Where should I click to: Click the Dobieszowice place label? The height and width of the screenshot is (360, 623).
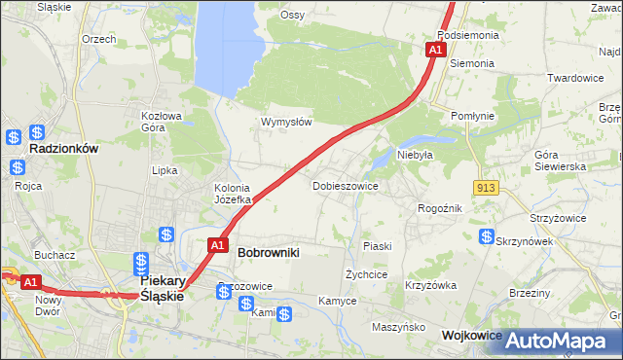[x=345, y=185]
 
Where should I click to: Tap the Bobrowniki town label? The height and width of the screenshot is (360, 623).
[x=268, y=252]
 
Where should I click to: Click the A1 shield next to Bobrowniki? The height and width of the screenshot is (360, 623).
[x=217, y=246]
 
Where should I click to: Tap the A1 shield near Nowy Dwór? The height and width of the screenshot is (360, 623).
[x=30, y=282]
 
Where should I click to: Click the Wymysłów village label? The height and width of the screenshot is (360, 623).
[x=286, y=122]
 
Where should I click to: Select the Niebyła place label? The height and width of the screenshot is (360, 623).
[x=415, y=154]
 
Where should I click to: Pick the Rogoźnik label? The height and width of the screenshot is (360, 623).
[x=439, y=207]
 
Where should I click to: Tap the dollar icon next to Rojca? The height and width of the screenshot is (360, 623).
[x=18, y=166]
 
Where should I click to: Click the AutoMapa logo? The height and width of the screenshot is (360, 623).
[x=559, y=341]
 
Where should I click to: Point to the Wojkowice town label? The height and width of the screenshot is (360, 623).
[x=471, y=335]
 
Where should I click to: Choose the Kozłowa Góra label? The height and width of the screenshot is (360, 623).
[x=162, y=121]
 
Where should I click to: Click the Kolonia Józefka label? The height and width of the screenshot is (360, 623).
[x=233, y=194]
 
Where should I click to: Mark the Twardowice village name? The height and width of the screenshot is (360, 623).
[x=576, y=78]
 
